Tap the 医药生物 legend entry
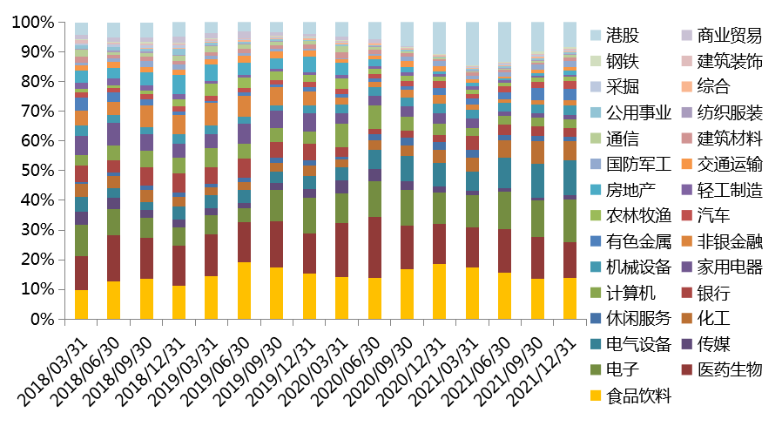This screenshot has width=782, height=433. click(x=730, y=369)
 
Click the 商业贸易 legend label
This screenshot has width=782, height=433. click(x=730, y=36)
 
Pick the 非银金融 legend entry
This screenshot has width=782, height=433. click(x=730, y=240)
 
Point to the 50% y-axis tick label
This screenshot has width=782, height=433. click(x=37, y=171)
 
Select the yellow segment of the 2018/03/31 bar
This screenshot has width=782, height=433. click(x=81, y=304)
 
